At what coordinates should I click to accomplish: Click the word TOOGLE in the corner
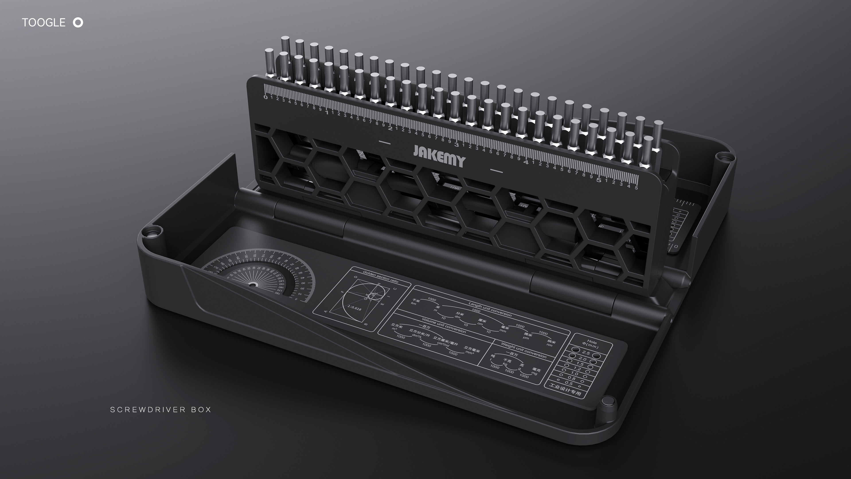click(44, 22)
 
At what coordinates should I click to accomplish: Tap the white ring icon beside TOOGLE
click(78, 22)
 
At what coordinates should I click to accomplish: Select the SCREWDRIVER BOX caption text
click(160, 410)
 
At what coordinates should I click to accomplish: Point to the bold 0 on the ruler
click(265, 97)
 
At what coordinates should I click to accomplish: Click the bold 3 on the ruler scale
click(457, 144)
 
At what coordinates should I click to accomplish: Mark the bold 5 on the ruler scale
click(599, 180)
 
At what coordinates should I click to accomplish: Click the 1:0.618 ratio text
click(354, 308)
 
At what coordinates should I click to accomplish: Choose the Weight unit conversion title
click(524, 350)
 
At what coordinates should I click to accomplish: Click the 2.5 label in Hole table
click(586, 353)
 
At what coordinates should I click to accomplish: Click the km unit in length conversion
click(413, 303)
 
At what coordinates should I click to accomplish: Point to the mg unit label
click(534, 373)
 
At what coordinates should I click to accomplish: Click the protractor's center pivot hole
click(253, 284)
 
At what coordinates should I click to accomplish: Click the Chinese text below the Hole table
click(565, 389)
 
